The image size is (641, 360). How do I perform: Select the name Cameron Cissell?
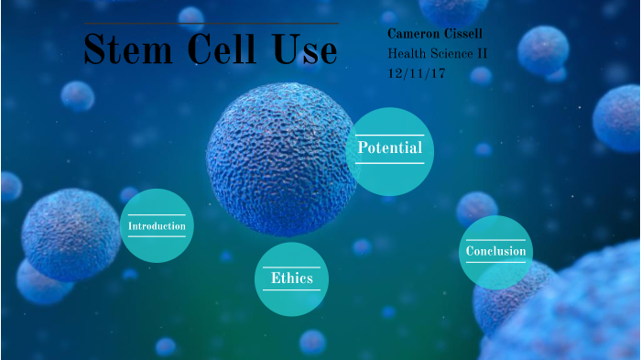click(x=436, y=34)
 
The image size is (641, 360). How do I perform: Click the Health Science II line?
click(x=438, y=53)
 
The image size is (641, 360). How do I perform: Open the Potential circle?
click(x=390, y=151)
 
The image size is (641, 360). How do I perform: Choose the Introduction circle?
click(x=157, y=226)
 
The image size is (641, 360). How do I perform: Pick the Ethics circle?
click(x=291, y=278)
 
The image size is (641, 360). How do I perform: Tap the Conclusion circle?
click(x=495, y=252)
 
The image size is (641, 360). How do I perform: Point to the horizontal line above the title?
click(x=210, y=24)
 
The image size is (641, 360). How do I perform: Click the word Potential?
click(x=390, y=148)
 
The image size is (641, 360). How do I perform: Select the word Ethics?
click(x=292, y=278)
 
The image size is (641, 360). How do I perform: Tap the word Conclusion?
click(x=495, y=252)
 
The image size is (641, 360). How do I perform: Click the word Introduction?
click(x=157, y=226)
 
